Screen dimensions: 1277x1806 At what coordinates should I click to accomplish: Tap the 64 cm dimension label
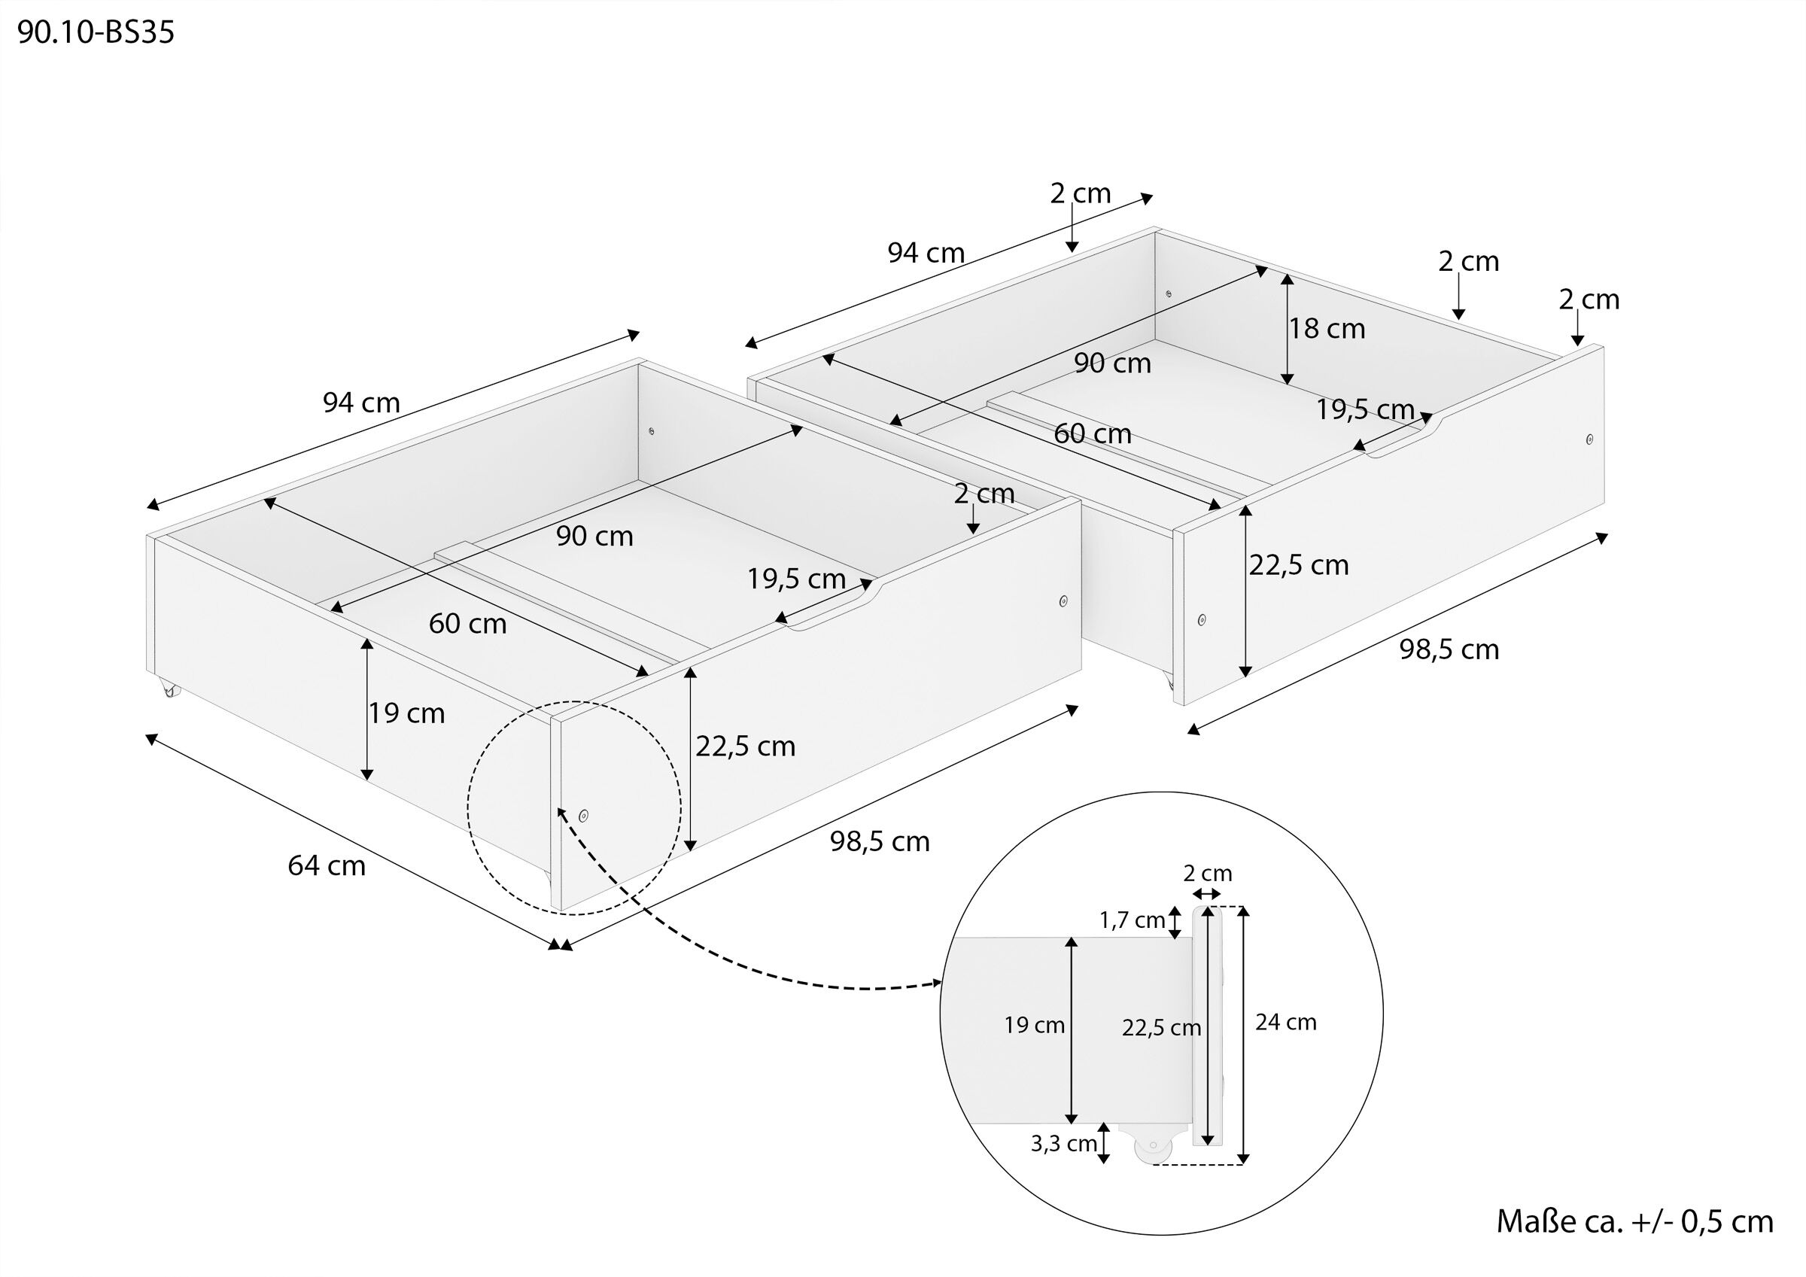(x=327, y=865)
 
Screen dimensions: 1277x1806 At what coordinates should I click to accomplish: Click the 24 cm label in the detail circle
(x=1285, y=1022)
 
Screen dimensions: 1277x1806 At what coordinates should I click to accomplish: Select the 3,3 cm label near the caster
(x=1063, y=1144)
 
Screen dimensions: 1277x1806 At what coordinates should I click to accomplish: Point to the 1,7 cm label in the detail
(x=1132, y=920)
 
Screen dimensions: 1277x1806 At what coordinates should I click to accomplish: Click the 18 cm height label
(x=1327, y=329)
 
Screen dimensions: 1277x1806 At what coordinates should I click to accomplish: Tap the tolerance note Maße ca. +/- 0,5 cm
(x=1634, y=1221)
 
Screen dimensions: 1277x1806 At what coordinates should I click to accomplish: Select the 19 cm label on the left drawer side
(x=407, y=713)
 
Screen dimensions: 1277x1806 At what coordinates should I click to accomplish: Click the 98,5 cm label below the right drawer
(x=1449, y=650)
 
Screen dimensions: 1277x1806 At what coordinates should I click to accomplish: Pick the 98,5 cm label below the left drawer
(x=880, y=842)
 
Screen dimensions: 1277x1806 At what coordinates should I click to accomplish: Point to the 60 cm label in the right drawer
(x=1093, y=433)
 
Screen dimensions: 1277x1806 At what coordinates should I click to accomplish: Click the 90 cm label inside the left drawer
(x=594, y=537)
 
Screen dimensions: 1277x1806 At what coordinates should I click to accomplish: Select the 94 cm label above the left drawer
(x=361, y=403)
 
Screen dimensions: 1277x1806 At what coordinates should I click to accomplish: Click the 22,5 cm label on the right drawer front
(x=1299, y=566)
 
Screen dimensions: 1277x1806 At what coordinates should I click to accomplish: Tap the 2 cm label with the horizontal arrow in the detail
(x=1208, y=874)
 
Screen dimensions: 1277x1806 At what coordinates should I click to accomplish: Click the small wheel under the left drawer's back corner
(x=171, y=691)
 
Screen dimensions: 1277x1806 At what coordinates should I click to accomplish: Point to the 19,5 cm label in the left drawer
(x=796, y=579)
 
